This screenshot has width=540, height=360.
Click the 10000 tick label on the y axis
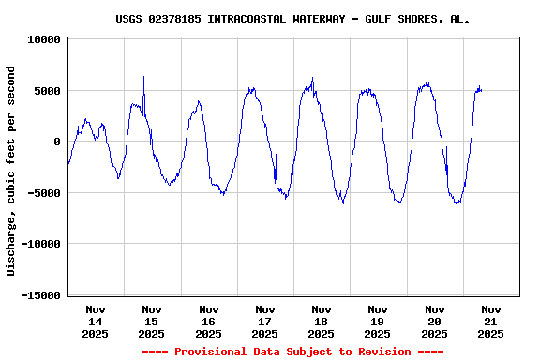point(41,40)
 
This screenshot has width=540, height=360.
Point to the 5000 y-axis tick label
point(44,91)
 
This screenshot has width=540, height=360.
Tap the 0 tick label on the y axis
point(57,142)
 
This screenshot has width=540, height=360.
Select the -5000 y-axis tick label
point(41,193)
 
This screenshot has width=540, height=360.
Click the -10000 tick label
point(37,244)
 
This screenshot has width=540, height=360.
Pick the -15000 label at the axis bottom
point(37,295)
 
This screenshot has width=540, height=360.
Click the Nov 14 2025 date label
point(96,321)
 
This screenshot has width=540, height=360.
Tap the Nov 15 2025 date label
point(152,321)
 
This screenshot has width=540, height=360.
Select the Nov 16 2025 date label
point(208,321)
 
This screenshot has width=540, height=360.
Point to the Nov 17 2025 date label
point(265,321)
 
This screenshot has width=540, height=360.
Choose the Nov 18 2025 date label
point(322,321)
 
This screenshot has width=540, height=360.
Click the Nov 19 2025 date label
point(378,321)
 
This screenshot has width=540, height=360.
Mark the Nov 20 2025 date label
point(434,321)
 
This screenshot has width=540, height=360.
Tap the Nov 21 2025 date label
point(490,321)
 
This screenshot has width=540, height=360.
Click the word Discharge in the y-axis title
point(11,247)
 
